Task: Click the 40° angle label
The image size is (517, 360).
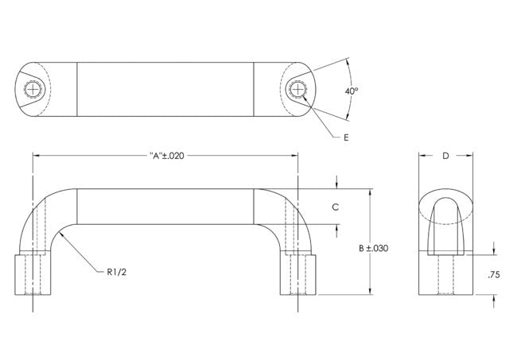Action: (352, 91)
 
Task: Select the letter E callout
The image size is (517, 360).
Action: (346, 137)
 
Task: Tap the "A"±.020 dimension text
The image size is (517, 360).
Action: (166, 156)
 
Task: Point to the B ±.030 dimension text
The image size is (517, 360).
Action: (374, 249)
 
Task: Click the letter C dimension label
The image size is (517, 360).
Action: (336, 206)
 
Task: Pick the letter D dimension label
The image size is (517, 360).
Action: (445, 156)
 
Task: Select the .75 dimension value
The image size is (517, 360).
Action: (493, 274)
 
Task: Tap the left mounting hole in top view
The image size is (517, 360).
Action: (32, 90)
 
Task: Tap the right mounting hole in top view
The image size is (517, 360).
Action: (300, 90)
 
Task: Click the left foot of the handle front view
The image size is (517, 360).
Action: (32, 274)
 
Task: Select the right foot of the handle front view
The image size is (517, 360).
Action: (300, 274)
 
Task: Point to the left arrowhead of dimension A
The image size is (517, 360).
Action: (36, 156)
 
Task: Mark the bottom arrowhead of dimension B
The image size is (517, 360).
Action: (371, 292)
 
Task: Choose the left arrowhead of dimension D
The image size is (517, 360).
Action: (422, 156)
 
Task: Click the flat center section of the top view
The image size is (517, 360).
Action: (165, 90)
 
